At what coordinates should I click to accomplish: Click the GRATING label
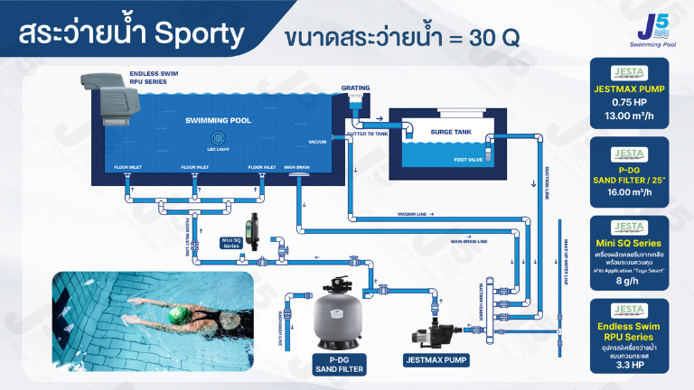tap(355, 88)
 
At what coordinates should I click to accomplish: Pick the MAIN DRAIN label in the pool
tap(297, 167)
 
